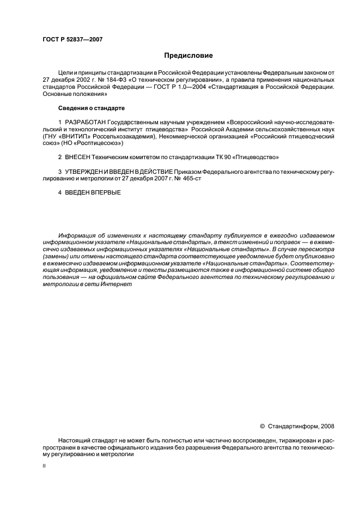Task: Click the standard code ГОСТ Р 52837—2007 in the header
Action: pyautogui.click(x=72, y=40)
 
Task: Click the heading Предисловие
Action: pyautogui.click(x=189, y=55)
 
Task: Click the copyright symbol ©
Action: pyautogui.click(x=262, y=426)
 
